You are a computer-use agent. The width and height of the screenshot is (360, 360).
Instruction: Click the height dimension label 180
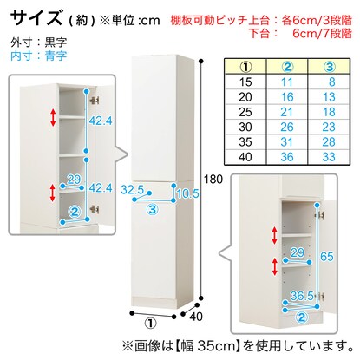click(213, 180)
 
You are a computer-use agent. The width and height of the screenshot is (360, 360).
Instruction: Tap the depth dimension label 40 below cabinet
click(196, 317)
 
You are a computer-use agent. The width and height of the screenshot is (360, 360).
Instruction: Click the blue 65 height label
click(327, 257)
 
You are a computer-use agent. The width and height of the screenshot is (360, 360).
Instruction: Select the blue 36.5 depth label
click(302, 296)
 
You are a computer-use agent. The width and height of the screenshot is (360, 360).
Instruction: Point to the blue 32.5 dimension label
click(132, 190)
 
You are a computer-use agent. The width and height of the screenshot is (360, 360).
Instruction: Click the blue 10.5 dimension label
click(187, 193)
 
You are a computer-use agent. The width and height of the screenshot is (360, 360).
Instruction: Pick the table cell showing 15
click(245, 82)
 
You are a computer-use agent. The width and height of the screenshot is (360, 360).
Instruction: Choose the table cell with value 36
click(287, 157)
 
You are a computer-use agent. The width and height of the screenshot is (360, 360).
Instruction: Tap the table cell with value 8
click(329, 82)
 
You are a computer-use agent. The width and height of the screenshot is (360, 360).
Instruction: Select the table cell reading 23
click(329, 127)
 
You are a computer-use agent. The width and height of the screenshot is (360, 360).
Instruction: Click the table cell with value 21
click(287, 112)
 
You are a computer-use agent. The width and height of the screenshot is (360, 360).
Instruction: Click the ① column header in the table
click(245, 67)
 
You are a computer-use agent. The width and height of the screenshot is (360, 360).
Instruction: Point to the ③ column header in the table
click(329, 67)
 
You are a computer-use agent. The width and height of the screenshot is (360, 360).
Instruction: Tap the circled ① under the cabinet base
click(151, 323)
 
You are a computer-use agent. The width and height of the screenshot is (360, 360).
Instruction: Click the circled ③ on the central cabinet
click(153, 209)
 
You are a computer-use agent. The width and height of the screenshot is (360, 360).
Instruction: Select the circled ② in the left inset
click(75, 213)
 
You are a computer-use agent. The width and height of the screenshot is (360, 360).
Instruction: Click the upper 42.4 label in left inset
click(101, 121)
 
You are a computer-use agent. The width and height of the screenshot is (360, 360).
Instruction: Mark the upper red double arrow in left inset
click(53, 117)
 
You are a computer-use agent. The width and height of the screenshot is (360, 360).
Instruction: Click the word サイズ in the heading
click(36, 17)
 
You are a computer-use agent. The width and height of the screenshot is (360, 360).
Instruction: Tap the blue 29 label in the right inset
click(298, 253)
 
